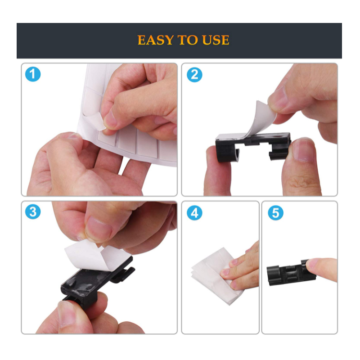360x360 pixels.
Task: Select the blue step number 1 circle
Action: click(x=32, y=74)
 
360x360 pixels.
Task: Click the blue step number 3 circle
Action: click(x=32, y=211)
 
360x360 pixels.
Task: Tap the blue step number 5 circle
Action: click(x=274, y=212)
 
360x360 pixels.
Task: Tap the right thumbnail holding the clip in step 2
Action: click(x=302, y=150)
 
